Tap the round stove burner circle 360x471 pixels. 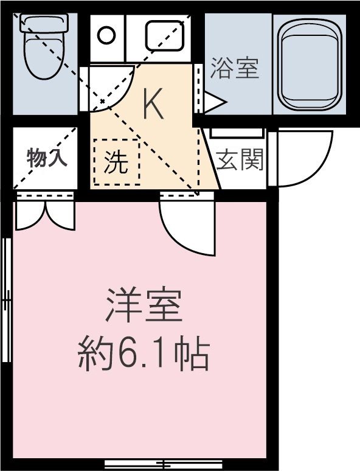click(107, 35)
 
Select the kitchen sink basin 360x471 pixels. click(165, 35)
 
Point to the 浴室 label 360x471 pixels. click(235, 68)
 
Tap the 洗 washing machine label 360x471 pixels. click(116, 162)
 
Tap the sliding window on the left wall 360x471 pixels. click(7, 298)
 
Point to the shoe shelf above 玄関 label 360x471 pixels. click(237, 132)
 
